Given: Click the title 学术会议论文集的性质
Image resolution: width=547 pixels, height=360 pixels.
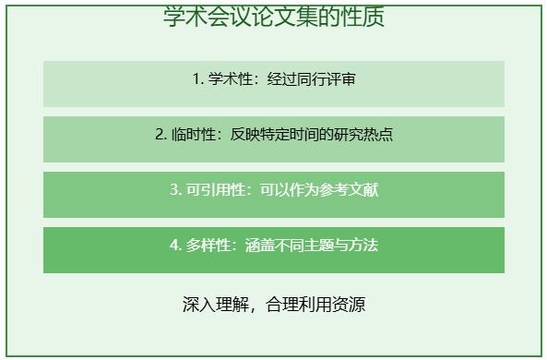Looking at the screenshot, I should tap(273, 17).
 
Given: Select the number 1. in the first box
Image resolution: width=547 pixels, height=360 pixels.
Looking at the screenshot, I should tap(198, 79).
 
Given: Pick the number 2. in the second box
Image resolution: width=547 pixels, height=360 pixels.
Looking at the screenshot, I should tap(161, 135).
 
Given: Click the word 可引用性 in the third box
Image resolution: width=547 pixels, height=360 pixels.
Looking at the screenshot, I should tap(215, 190).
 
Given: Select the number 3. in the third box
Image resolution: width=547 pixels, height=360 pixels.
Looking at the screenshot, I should tap(175, 190).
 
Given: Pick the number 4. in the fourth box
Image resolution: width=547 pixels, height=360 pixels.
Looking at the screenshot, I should tap(175, 246).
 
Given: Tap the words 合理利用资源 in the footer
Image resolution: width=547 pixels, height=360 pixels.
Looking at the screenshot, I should tap(315, 305).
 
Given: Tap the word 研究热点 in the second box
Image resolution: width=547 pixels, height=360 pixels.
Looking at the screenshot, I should tap(363, 135).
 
